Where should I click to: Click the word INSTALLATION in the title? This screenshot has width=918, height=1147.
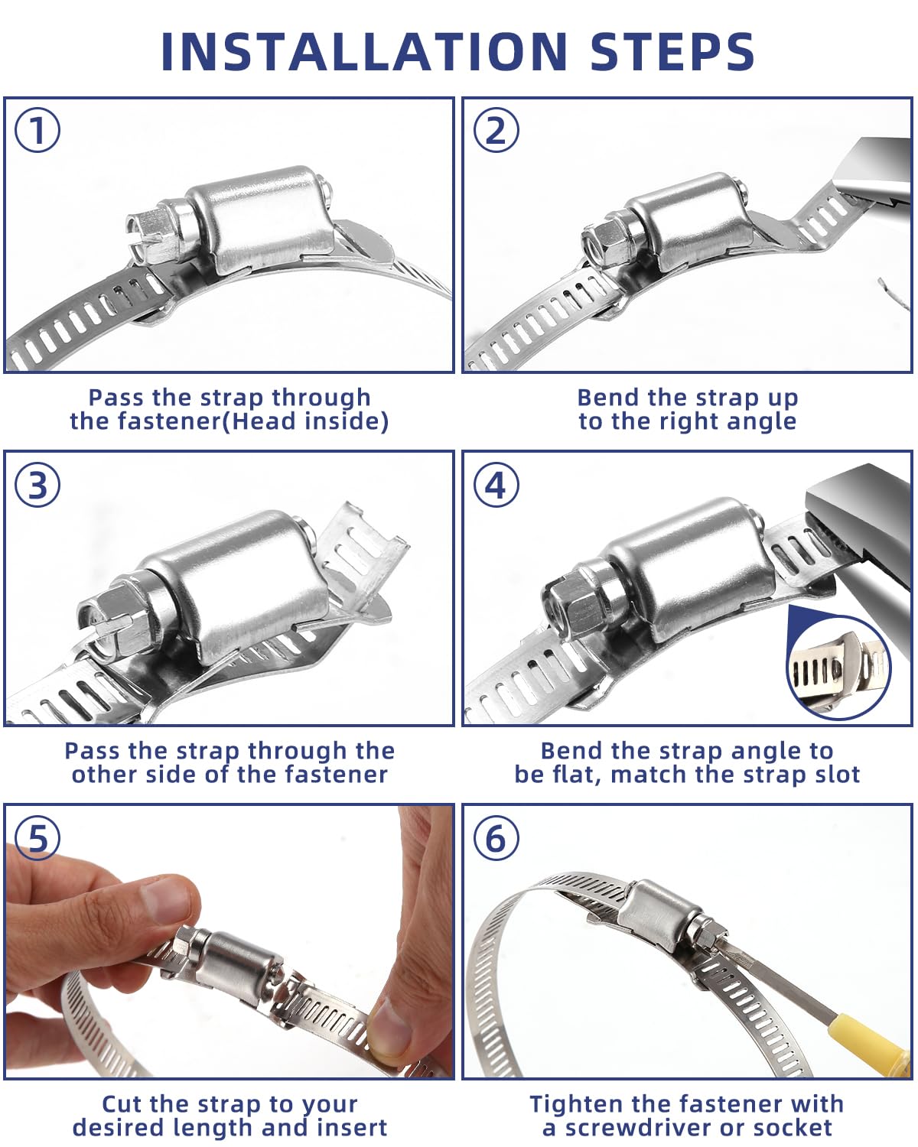point(363,51)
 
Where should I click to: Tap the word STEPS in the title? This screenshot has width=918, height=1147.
point(672,51)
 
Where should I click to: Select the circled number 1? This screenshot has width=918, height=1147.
point(37,130)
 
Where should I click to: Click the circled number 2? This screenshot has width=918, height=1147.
point(496,130)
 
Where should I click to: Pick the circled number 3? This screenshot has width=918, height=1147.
point(37,485)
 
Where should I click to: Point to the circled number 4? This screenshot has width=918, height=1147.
point(496,485)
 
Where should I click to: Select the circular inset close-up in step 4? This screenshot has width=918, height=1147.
point(839,666)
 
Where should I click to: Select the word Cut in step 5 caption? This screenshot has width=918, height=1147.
point(119,1104)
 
